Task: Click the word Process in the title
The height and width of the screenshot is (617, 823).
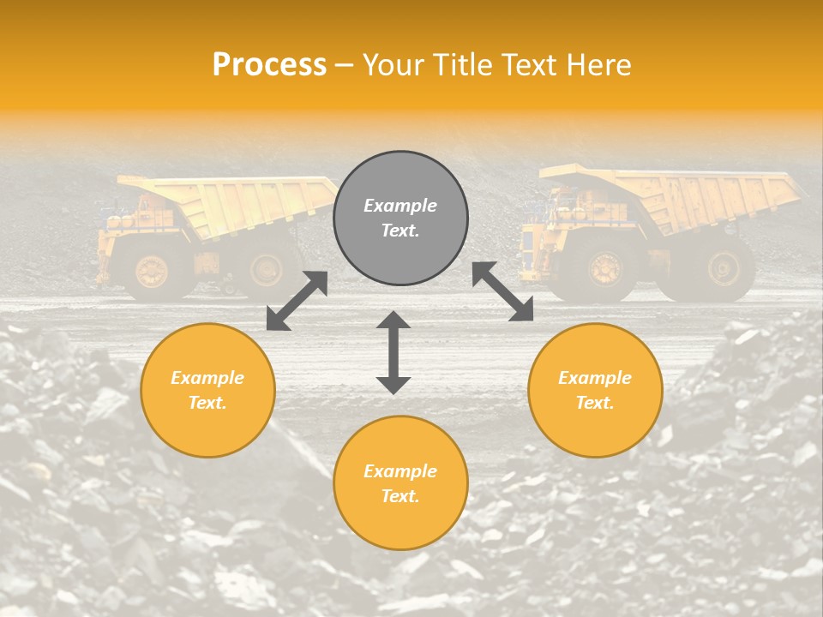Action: point(269,65)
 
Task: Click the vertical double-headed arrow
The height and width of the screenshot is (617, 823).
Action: point(393,352)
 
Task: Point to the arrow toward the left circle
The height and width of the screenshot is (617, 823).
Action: point(297,301)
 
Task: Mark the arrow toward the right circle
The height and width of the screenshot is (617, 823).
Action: point(503,291)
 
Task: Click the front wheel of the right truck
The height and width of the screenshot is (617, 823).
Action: point(606,267)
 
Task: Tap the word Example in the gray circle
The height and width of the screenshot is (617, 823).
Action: point(400,206)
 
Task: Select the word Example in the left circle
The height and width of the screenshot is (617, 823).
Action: point(207,378)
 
